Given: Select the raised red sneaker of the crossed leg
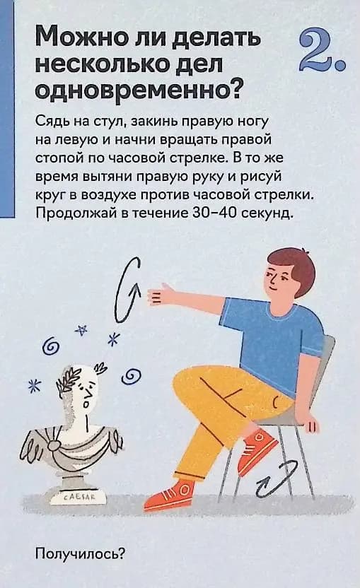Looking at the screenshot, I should tap(258, 449).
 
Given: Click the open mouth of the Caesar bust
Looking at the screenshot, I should tap(87, 404).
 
